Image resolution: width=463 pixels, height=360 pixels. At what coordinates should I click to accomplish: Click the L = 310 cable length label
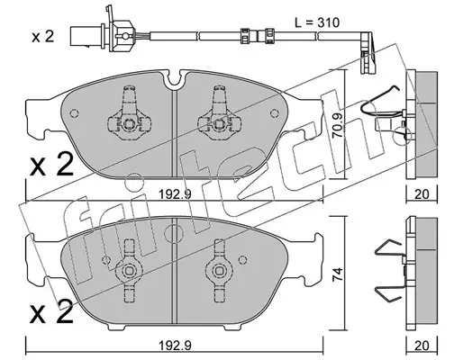click(317, 22)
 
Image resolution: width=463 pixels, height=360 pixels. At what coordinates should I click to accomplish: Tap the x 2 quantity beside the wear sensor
click(42, 37)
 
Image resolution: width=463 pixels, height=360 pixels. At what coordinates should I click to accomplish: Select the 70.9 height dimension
click(339, 124)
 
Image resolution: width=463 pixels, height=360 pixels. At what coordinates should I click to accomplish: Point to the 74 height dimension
click(338, 274)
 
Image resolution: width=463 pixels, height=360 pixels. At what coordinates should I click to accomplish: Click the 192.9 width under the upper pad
click(175, 194)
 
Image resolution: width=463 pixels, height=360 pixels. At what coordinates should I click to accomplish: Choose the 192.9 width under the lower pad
click(175, 346)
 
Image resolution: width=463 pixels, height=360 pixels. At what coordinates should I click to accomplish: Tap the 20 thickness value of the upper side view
click(422, 194)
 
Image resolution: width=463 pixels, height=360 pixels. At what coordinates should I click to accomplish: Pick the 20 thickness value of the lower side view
click(422, 346)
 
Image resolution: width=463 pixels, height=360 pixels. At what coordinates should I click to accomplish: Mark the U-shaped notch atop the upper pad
click(175, 78)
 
